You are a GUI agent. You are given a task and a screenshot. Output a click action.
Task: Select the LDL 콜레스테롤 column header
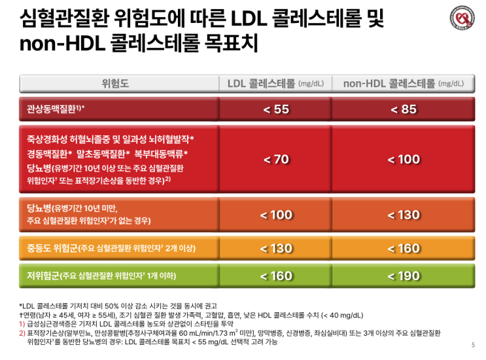(x=275, y=84)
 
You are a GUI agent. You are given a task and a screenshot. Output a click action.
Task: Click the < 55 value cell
(x=276, y=109)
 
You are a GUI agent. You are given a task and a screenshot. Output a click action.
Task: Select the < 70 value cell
(x=276, y=159)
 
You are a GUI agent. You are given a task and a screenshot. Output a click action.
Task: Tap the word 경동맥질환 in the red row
(x=46, y=154)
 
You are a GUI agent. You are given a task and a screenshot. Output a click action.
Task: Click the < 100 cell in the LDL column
(x=276, y=215)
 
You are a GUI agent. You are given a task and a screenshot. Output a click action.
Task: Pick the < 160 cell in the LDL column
(x=276, y=276)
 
